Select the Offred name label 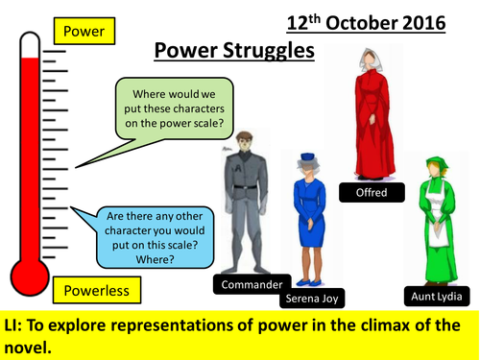370,191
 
